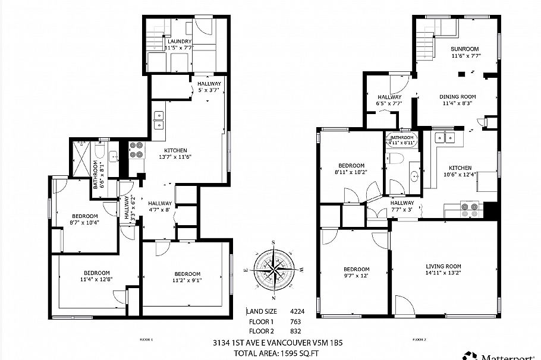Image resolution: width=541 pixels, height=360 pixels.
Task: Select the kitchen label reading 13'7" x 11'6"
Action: pos(174,153)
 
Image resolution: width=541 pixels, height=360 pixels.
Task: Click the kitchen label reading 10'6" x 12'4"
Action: pos(460,171)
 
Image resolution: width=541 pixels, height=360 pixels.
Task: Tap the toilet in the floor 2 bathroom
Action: pos(394,159)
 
